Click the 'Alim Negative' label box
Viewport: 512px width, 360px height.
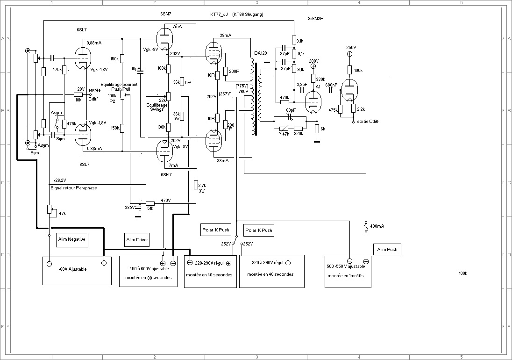pyautogui.click(x=72, y=239)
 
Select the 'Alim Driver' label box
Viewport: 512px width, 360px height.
pyautogui.click(x=137, y=240)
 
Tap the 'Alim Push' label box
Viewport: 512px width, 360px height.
pyautogui.click(x=387, y=250)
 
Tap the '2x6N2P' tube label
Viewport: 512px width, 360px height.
pyautogui.click(x=316, y=18)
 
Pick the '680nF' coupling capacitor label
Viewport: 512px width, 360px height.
pyautogui.click(x=331, y=85)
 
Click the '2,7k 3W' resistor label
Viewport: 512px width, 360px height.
pyautogui.click(x=202, y=188)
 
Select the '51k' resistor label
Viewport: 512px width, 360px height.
pyautogui.click(x=150, y=209)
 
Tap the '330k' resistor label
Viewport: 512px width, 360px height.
pyautogui.click(x=320, y=79)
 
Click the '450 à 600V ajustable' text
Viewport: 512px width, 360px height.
pyautogui.click(x=149, y=269)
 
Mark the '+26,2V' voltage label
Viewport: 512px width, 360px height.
pyautogui.click(x=60, y=180)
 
